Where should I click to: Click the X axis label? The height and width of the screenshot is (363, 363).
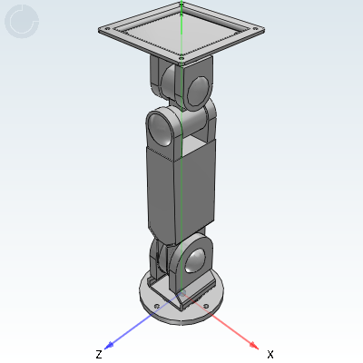coord(270,354)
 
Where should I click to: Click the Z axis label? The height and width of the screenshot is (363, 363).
coord(99,354)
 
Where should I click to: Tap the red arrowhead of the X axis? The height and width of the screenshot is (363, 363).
coord(254,345)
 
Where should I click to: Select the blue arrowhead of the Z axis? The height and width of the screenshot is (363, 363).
coord(109,345)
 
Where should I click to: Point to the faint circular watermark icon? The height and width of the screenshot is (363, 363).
coord(22,21)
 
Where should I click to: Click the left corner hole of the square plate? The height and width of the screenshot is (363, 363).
coord(107,29)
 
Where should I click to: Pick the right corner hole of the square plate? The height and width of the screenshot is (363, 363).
coord(255,29)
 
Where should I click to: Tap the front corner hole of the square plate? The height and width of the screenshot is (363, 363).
coord(181,58)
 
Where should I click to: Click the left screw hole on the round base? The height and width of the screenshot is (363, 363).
coord(156,306)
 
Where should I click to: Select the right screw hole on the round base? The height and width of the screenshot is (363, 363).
coord(206,306)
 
